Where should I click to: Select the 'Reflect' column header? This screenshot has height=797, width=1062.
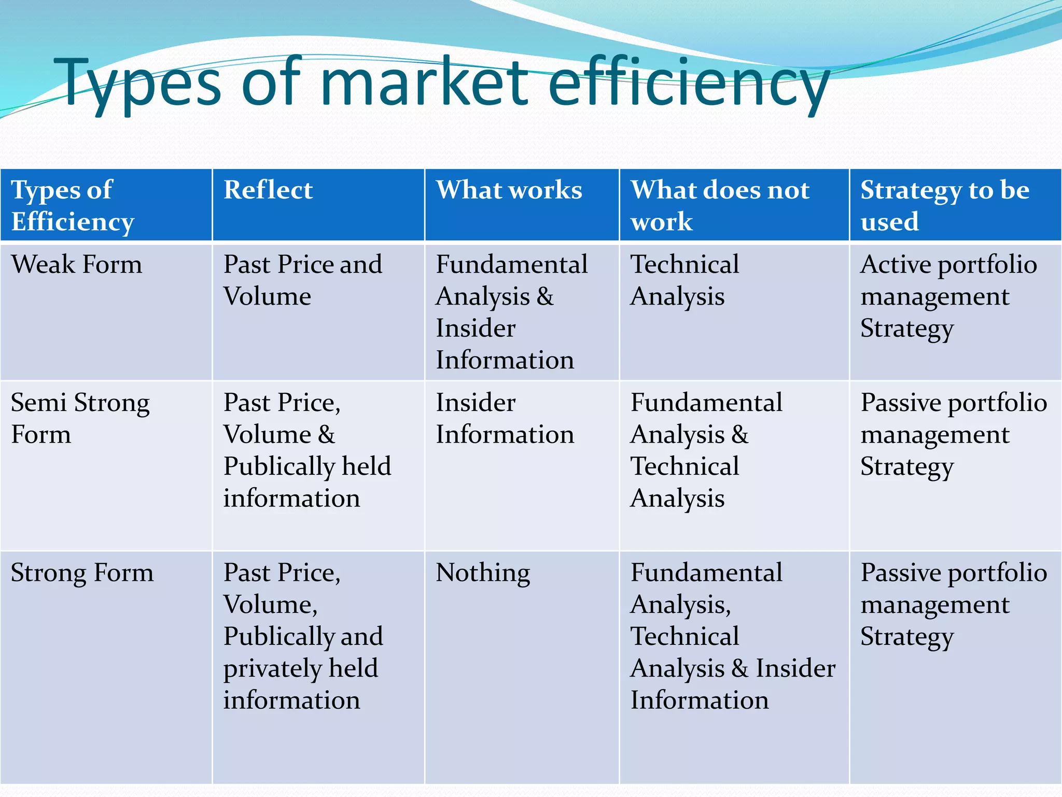pyautogui.click(x=268, y=190)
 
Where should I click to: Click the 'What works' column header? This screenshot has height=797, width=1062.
pyautogui.click(x=509, y=190)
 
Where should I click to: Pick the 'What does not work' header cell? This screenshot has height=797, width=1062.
pyautogui.click(x=720, y=205)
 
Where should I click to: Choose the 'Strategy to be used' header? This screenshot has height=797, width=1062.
pyautogui.click(x=945, y=205)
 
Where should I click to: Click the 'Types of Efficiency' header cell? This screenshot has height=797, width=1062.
pyautogui.click(x=73, y=205)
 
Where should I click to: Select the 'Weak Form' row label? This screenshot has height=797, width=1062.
pyautogui.click(x=77, y=264)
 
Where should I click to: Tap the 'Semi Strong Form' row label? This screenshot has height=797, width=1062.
pyautogui.click(x=80, y=418)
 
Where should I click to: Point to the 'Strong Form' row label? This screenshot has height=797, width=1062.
pyautogui.click(x=82, y=573)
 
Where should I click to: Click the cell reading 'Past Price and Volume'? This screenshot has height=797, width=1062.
pyautogui.click(x=303, y=280)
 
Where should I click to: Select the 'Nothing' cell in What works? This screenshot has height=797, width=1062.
pyautogui.click(x=483, y=573)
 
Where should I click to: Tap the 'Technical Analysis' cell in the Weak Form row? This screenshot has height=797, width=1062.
pyautogui.click(x=684, y=280)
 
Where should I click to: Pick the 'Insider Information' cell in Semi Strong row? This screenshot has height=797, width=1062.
pyautogui.click(x=505, y=418)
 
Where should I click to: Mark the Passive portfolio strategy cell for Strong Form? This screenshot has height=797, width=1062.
pyautogui.click(x=953, y=604)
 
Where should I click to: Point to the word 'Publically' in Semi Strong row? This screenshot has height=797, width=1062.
pyautogui.click(x=279, y=466)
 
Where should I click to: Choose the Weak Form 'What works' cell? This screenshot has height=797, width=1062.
pyautogui.click(x=511, y=312)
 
